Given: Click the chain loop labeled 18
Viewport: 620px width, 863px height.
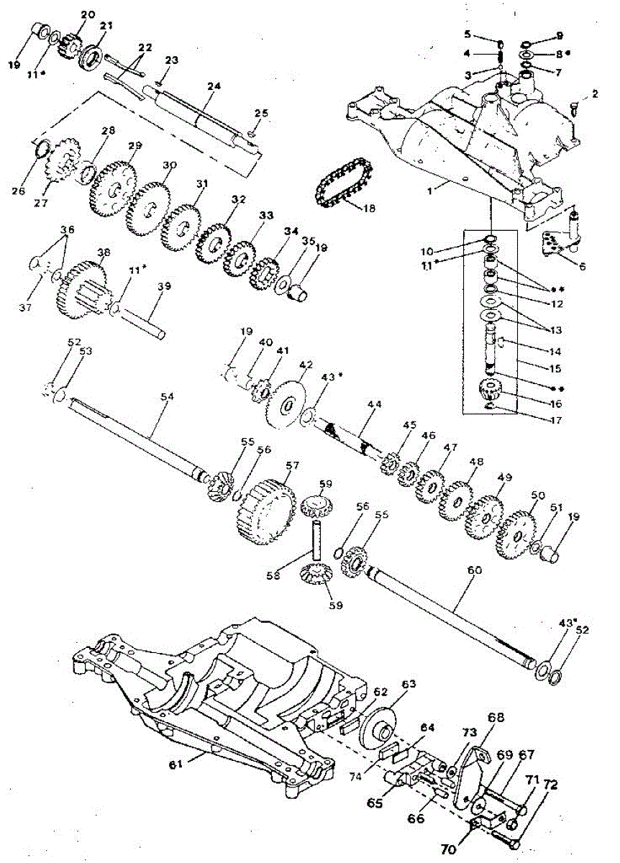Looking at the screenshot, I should (343, 184).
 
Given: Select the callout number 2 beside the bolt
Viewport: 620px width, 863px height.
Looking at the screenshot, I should (595, 93).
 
